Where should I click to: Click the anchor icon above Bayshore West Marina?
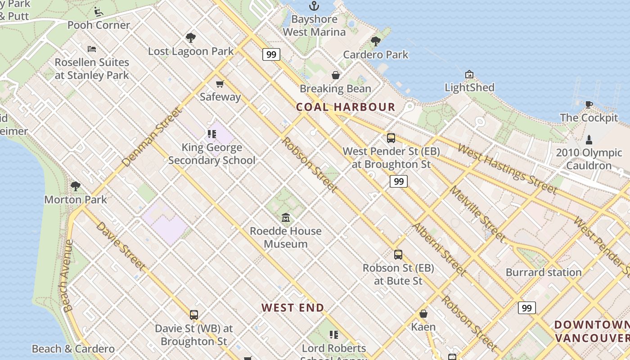click(314, 6)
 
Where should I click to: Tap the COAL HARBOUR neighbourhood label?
click(346, 107)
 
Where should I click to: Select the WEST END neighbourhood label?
click(293, 308)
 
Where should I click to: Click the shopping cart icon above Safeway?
click(220, 84)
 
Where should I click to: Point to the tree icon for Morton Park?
click(76, 186)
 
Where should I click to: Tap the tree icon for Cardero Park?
click(376, 41)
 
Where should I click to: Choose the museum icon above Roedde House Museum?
click(286, 218)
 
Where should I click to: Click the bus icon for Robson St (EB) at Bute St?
click(398, 255)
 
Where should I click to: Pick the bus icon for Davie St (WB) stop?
click(194, 315)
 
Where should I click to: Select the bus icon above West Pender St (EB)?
click(391, 138)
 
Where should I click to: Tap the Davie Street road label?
click(121, 246)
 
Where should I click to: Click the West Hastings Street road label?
click(507, 169)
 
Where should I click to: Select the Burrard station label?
click(544, 272)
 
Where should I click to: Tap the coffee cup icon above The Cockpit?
click(589, 105)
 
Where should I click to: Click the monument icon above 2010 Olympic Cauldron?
click(589, 139)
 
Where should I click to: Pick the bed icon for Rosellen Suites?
click(92, 49)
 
